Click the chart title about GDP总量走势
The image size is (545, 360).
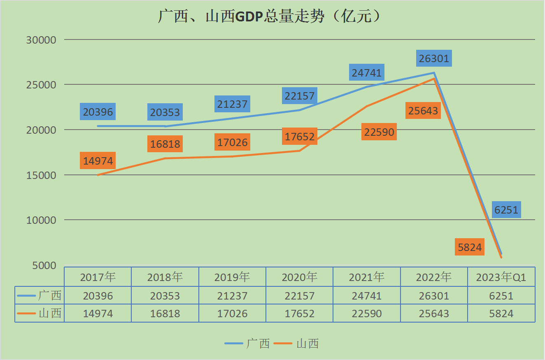[x=269, y=16]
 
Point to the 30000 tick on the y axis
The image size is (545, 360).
[x=41, y=40]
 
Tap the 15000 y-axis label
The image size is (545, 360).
[x=41, y=175]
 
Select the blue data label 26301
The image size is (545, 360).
[x=434, y=58]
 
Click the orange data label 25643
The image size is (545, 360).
[x=423, y=111]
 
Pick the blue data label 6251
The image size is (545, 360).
[x=506, y=210]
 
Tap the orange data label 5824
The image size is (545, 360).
[x=470, y=247]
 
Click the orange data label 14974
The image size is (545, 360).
[x=98, y=160]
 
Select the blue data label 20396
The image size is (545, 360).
[x=98, y=111]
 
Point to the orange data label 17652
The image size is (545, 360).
[x=300, y=137]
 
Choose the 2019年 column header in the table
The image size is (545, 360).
[x=232, y=277]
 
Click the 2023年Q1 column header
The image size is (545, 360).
[x=501, y=277]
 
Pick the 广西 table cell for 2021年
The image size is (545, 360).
[x=367, y=296]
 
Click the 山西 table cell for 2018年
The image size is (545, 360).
[x=165, y=314]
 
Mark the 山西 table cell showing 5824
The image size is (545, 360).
[x=501, y=314]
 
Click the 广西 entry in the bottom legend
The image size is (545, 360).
[x=247, y=344]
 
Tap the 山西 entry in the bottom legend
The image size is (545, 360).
[x=296, y=344]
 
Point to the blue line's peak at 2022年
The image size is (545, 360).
[x=434, y=73]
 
